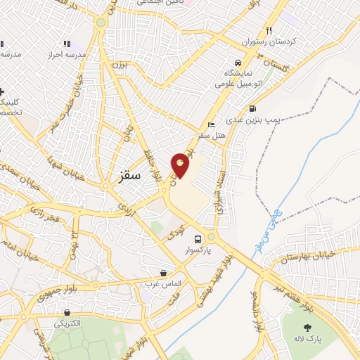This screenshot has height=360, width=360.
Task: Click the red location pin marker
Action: [x=181, y=165]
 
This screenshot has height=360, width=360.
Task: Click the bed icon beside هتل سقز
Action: [x=212, y=124]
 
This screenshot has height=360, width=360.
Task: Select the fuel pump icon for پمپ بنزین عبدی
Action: [x=252, y=108]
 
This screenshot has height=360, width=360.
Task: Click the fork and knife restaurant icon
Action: [x=269, y=30]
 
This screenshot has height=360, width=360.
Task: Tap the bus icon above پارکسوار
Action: [x=199, y=238]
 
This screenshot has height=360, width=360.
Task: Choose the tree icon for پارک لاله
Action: [x=307, y=328]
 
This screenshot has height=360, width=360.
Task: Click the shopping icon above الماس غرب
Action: [x=164, y=273]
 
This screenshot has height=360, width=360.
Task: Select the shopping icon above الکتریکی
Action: [x=67, y=313]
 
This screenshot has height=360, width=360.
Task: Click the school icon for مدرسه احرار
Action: [x=67, y=44]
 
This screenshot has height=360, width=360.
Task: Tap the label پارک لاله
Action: [x=307, y=339]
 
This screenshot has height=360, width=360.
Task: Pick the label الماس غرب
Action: [x=163, y=284]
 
